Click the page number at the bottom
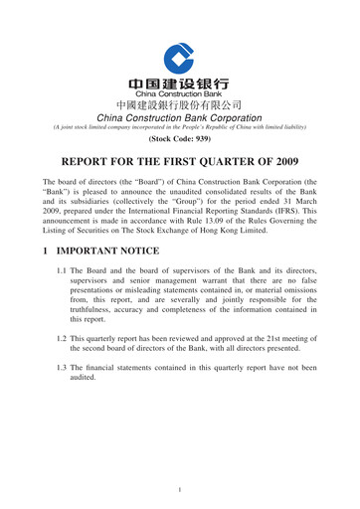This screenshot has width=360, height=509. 180,490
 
